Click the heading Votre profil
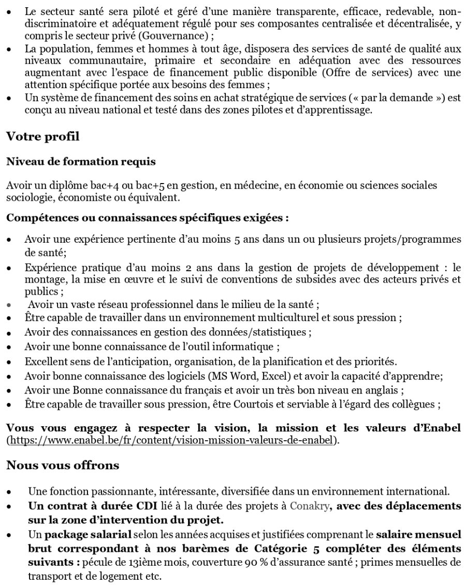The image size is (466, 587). click(x=43, y=137)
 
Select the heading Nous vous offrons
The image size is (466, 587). click(x=63, y=465)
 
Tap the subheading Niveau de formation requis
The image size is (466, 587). click(x=81, y=162)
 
